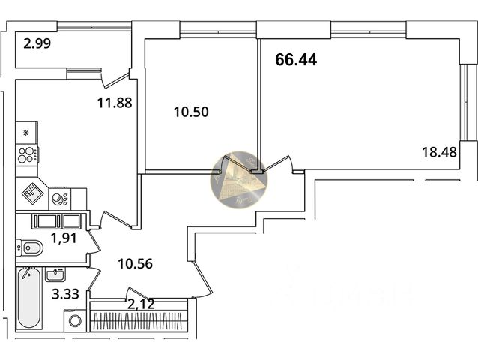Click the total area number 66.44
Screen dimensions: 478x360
(x=296, y=60)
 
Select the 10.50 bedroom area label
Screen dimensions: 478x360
(x=190, y=112)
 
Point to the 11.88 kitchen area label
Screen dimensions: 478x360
(x=115, y=103)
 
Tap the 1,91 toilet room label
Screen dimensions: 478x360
(x=64, y=239)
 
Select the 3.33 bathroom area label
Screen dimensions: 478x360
(x=64, y=293)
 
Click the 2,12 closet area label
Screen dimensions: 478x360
(x=142, y=303)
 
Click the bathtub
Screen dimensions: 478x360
(x=29, y=298)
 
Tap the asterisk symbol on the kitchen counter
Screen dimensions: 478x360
(x=27, y=133)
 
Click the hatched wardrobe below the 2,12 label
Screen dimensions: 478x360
(x=142, y=319)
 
